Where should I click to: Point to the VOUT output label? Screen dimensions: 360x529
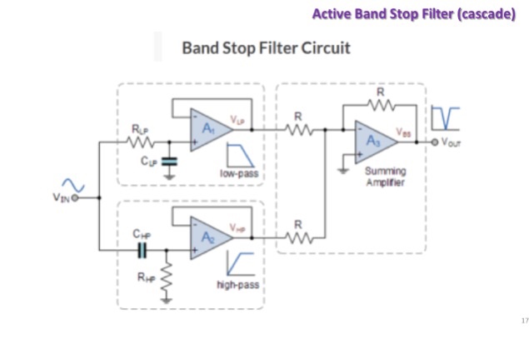[452, 142]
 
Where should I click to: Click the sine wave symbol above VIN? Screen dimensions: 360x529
[68, 185]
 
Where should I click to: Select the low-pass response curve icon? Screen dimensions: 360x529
[240, 155]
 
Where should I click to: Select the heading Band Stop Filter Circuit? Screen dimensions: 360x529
[266, 47]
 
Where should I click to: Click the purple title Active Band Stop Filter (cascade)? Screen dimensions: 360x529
[413, 14]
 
